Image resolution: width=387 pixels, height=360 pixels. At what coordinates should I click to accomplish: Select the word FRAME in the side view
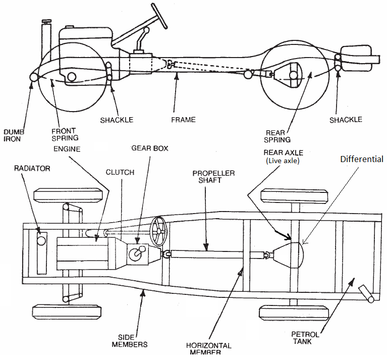tap(183, 120)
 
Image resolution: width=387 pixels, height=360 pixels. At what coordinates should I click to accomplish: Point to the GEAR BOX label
tap(150, 148)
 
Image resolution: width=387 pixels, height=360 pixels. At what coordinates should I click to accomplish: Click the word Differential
tap(361, 159)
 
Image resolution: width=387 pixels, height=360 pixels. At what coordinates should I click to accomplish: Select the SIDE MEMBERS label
tap(132, 341)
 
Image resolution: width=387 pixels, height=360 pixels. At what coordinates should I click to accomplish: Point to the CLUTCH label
tap(120, 172)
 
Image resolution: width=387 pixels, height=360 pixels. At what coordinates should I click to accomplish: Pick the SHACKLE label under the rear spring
tap(346, 120)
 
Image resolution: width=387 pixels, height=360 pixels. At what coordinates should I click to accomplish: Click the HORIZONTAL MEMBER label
tap(208, 349)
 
